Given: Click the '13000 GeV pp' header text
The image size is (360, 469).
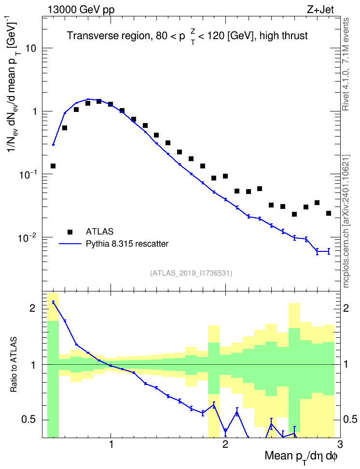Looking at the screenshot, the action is [x=81, y=10].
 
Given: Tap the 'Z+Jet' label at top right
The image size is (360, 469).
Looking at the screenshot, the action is [x=320, y=10].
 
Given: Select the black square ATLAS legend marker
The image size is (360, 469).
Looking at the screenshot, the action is [x=70, y=232].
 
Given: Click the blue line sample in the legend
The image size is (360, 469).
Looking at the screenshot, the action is [x=70, y=244].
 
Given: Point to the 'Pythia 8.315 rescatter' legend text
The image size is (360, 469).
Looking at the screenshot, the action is [x=127, y=244].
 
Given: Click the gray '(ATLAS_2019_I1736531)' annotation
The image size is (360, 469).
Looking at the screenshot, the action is [x=191, y=273].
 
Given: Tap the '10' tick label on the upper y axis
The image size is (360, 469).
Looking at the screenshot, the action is [x=31, y=48].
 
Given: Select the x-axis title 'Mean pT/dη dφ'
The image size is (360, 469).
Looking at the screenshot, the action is [x=301, y=457].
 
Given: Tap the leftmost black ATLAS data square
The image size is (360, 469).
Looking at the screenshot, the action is [x=53, y=166].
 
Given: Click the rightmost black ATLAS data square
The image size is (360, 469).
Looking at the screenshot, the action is [x=329, y=213].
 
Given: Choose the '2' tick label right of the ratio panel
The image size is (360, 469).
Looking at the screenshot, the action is [x=346, y=308].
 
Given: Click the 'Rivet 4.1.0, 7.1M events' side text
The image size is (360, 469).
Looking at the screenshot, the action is [x=346, y=64].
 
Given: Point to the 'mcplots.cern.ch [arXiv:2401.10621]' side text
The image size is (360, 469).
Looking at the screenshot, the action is [x=346, y=221].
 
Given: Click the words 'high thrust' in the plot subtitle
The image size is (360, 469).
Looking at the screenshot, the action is [x=284, y=36].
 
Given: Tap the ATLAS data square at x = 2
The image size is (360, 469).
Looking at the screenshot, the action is [x=225, y=176].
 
